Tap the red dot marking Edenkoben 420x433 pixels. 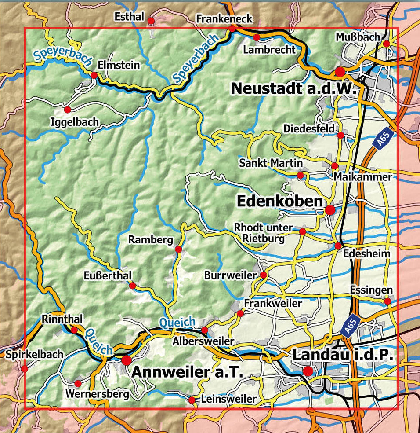coord(330,210)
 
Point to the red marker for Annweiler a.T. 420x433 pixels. coord(127,360)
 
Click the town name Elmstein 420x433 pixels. coord(119,65)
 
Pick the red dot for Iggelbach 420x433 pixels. coord(67,109)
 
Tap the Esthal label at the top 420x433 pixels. coord(129,17)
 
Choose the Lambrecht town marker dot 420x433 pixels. coord(257,37)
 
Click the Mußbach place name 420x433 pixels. coord(357,37)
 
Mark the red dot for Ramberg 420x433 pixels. coord(178,250)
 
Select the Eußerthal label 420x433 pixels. coord(108,275)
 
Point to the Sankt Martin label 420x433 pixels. coord(271,163)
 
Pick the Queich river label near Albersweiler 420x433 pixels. coord(177,323)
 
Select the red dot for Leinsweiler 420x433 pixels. coord(192,400)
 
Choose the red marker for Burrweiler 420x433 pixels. coord(263,275)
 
